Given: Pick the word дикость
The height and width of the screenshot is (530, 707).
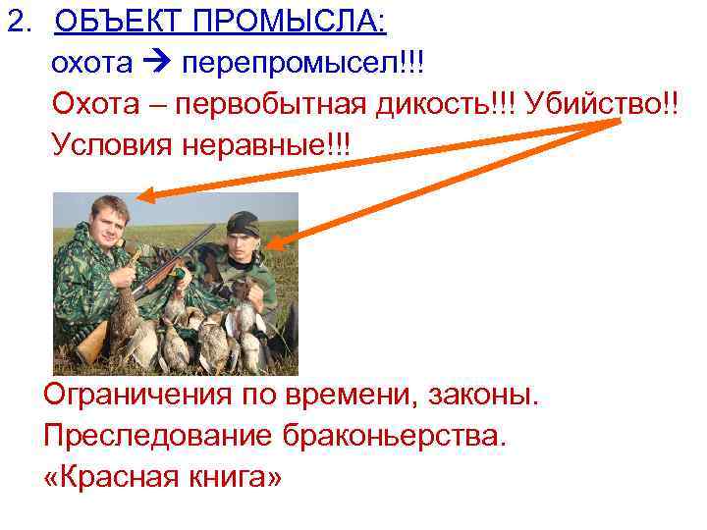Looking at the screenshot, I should (433, 104).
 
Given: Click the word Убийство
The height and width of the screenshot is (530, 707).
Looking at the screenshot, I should (589, 104).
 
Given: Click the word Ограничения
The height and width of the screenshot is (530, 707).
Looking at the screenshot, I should (138, 398).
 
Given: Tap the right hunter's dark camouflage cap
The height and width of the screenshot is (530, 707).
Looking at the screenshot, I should (241, 222).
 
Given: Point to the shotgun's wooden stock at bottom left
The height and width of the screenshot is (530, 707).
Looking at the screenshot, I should (90, 344).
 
